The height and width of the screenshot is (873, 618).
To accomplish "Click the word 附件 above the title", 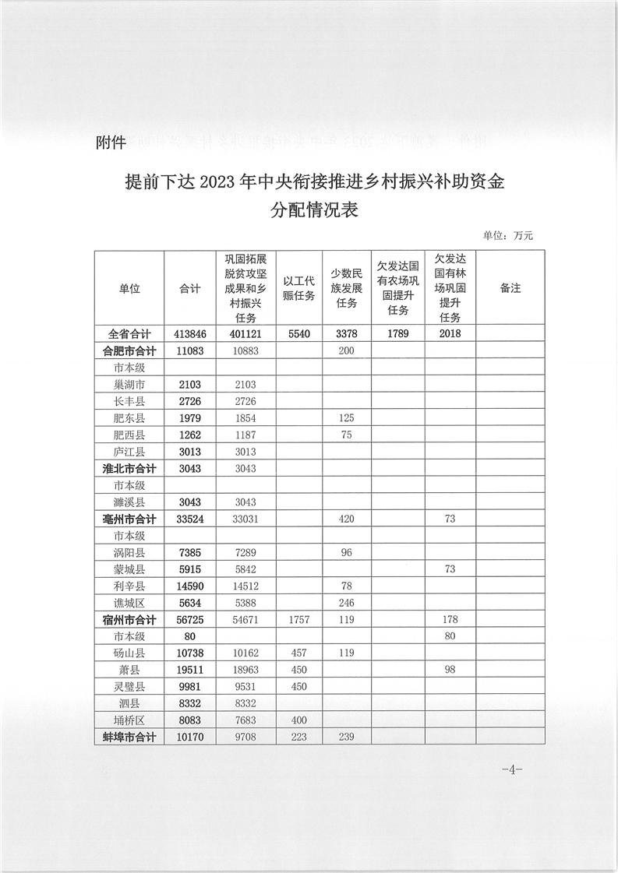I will point(110,143).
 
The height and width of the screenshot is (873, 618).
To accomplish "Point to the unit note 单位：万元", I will point(507,235).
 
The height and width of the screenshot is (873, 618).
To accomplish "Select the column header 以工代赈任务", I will point(298,288).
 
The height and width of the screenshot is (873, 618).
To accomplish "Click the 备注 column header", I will point(510,288).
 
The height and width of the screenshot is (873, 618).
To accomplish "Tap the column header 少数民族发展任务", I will point(347,288).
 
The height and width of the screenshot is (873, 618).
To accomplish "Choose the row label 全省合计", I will point(129,333).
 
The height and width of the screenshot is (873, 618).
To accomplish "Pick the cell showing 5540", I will point(298,333).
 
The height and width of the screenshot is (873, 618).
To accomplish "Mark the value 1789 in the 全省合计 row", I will point(397,333).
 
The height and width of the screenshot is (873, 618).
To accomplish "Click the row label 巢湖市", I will point(129,385).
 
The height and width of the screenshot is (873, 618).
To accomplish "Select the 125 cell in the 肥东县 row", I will point(347,418).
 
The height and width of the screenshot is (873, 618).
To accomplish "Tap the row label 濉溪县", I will point(129,502).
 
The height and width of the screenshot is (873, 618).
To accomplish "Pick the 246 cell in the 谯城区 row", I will point(347,603).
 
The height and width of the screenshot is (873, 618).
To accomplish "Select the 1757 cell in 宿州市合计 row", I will point(298,620).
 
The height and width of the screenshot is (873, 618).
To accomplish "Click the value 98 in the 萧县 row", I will point(450,671).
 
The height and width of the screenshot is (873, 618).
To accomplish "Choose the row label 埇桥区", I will point(129,721).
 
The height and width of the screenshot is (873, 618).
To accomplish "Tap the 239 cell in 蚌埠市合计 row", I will point(347,737).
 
